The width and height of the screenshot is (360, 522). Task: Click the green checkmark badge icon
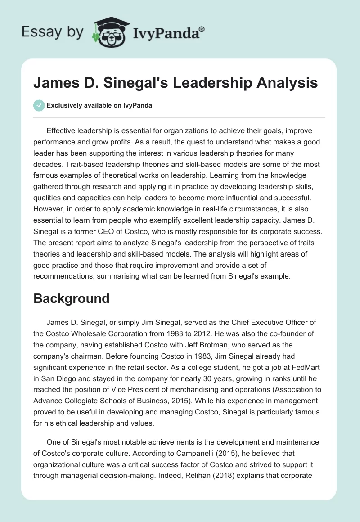coord(39,105)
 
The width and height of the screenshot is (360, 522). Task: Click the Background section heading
coord(71,298)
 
